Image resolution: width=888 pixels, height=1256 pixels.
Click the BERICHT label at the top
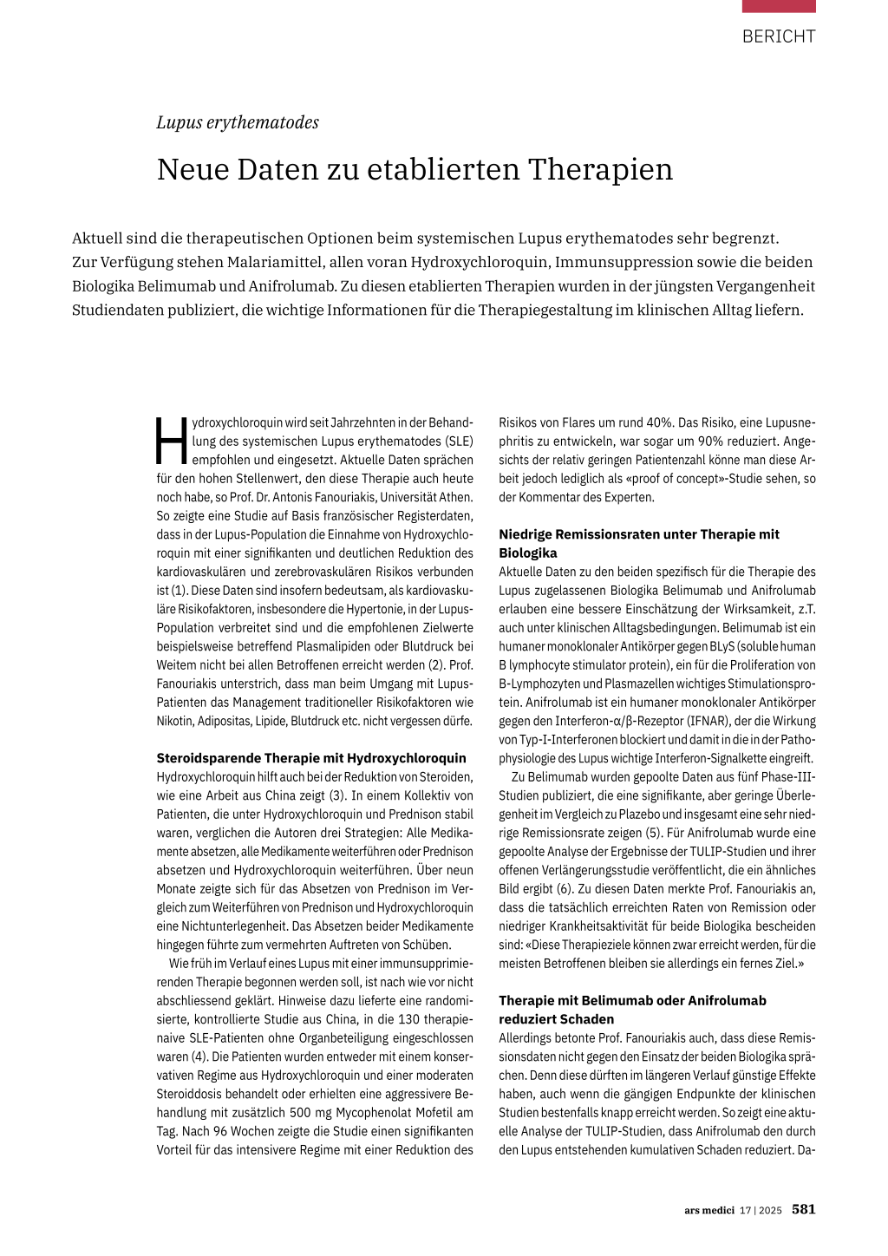coord(778,36)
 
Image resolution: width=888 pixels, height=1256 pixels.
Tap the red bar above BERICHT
coord(778,6)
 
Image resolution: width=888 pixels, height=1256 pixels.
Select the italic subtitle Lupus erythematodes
coord(238,122)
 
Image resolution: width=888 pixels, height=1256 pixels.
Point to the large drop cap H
coord(171,441)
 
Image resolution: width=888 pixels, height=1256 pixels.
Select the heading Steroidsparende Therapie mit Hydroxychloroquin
coord(311,758)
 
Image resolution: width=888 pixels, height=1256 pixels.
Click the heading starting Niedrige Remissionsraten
coord(638,543)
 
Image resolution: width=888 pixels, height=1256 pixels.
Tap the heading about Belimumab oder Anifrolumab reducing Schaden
coord(632,1010)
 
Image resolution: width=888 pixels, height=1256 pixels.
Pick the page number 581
coord(803,1209)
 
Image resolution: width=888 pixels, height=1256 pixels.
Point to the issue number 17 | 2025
coord(761,1210)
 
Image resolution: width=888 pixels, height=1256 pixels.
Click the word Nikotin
coord(174,721)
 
